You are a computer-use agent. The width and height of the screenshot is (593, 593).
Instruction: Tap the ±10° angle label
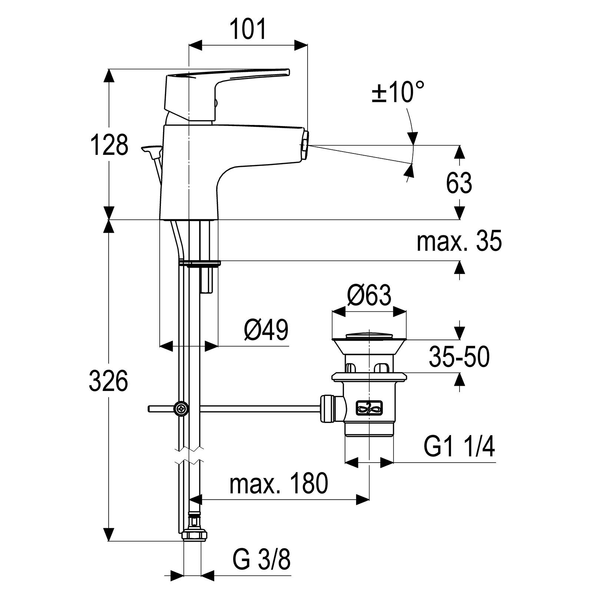coord(397,92)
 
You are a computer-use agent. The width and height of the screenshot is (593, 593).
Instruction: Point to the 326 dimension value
coord(108,381)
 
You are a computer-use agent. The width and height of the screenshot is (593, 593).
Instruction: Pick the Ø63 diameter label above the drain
coord(369,295)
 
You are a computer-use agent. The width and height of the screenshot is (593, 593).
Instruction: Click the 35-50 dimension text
coord(459,357)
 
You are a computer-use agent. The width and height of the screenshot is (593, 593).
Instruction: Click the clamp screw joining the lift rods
coord(182,409)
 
